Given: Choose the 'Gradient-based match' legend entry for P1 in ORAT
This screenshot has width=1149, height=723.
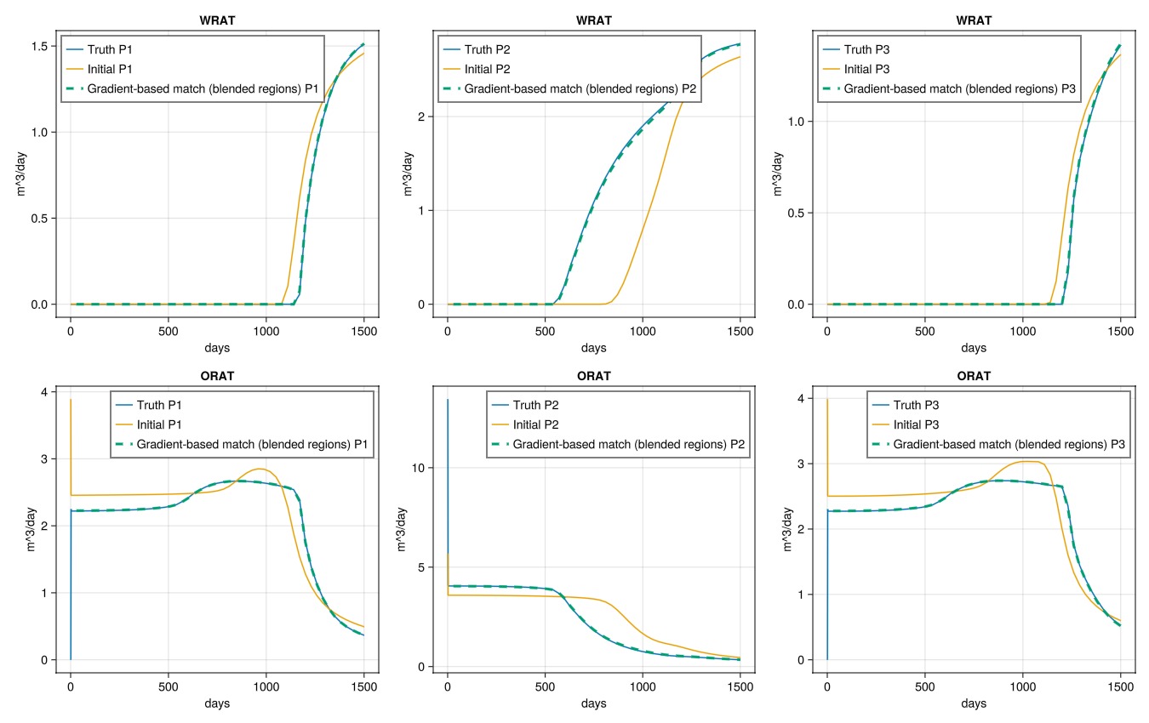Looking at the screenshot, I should click(252, 444).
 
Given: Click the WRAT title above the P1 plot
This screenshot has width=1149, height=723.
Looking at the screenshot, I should click(218, 20).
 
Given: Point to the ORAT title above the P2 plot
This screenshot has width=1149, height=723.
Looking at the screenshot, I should click(594, 376).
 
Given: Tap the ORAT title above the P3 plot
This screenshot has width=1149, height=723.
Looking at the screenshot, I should click(974, 376).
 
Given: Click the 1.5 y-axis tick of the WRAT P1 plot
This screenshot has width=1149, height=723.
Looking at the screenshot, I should click(38, 45).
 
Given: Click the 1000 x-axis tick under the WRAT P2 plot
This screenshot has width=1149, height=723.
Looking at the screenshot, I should click(643, 331).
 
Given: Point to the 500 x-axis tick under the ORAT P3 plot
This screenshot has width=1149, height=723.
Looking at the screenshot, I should click(925, 686).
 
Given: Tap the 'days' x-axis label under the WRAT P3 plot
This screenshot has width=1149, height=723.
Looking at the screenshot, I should click(974, 348).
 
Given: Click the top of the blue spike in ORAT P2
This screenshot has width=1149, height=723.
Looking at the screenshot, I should click(448, 400).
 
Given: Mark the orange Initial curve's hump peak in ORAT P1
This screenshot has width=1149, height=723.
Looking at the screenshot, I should click(261, 469).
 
